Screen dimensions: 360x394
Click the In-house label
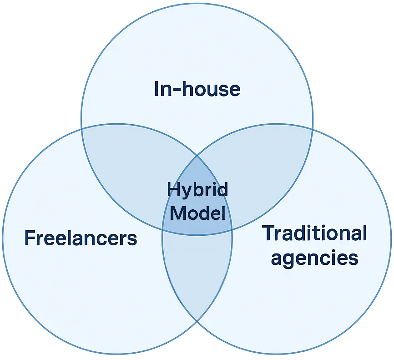click(x=197, y=89)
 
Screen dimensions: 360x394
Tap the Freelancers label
click(x=81, y=238)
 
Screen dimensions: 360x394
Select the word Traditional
click(x=314, y=233)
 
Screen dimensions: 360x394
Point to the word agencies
click(x=314, y=258)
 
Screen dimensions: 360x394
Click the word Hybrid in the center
click(x=197, y=189)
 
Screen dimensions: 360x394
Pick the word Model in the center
click(x=197, y=213)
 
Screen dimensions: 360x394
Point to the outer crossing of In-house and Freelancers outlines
click(x=82, y=129)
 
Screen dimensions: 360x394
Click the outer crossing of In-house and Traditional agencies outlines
click(x=313, y=129)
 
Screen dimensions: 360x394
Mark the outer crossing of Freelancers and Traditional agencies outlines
click(x=197, y=321)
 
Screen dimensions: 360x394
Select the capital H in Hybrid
click(x=172, y=189)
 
